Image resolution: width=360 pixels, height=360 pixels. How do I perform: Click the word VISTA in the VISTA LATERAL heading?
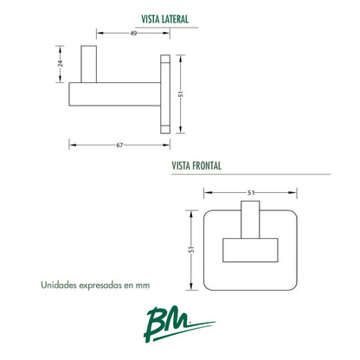[151, 19]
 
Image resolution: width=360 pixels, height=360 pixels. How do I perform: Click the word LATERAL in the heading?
[175, 19]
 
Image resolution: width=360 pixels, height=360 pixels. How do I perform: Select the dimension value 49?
[133, 33]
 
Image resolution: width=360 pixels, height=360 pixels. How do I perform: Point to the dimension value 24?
[60, 64]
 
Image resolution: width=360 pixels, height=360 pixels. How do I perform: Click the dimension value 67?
[119, 145]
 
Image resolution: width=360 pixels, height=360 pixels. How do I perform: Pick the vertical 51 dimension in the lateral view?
[181, 94]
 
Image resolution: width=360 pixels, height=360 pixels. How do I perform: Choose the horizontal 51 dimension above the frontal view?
[251, 192]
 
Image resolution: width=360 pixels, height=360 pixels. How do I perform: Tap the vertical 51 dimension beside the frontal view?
[191, 250]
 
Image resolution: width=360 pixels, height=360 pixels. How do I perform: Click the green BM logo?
[179, 325]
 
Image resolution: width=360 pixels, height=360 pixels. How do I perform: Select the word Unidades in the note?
[59, 285]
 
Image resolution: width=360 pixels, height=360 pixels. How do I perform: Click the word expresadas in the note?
[100, 286]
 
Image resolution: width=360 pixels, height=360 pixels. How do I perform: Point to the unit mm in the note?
[143, 286]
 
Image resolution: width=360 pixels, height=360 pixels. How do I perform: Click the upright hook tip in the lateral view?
[88, 64]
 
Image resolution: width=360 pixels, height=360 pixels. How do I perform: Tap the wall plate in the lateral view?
[165, 94]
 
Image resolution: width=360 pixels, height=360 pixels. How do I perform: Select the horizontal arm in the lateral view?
[114, 94]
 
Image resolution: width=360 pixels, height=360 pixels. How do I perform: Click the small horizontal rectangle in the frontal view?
[250, 250]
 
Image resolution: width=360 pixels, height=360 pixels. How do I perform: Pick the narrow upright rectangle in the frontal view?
[250, 220]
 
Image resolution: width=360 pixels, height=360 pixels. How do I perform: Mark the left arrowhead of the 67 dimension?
[73, 145]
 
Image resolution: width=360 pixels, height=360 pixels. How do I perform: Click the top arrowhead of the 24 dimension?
[60, 48]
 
